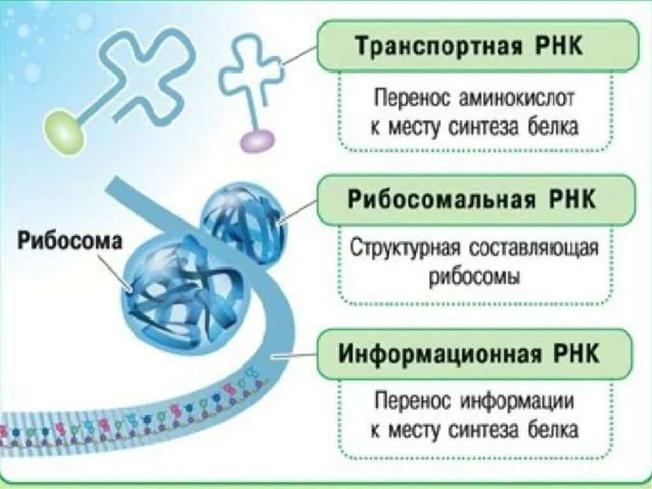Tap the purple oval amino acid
257,140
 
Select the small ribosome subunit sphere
244,220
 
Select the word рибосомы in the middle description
474,278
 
